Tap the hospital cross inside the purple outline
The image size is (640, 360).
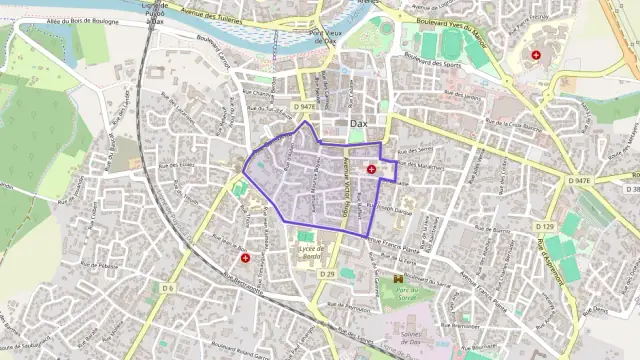(x=372, y=170)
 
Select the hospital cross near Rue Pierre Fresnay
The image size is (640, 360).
(x=536, y=55)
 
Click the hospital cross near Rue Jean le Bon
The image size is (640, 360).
(x=245, y=258)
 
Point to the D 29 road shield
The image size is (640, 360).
(x=328, y=274)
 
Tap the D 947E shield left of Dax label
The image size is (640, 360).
(x=305, y=106)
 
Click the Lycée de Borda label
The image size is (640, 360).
(x=307, y=251)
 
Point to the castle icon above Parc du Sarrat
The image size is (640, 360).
(x=397, y=279)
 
